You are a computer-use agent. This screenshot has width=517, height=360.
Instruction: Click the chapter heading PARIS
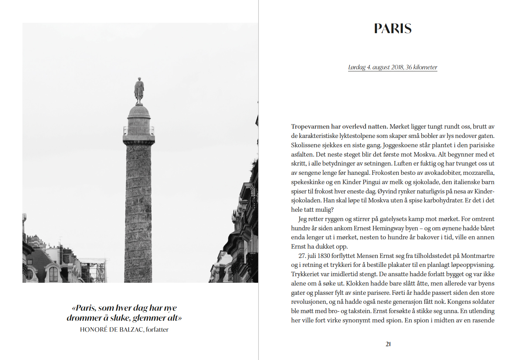coord(393,29)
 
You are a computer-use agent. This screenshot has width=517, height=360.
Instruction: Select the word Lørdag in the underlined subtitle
coord(357,67)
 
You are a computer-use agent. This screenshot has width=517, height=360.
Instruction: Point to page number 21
coord(388,344)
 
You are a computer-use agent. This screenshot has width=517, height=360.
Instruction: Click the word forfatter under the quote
coord(157,330)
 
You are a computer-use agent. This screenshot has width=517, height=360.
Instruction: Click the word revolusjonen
coord(308,302)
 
